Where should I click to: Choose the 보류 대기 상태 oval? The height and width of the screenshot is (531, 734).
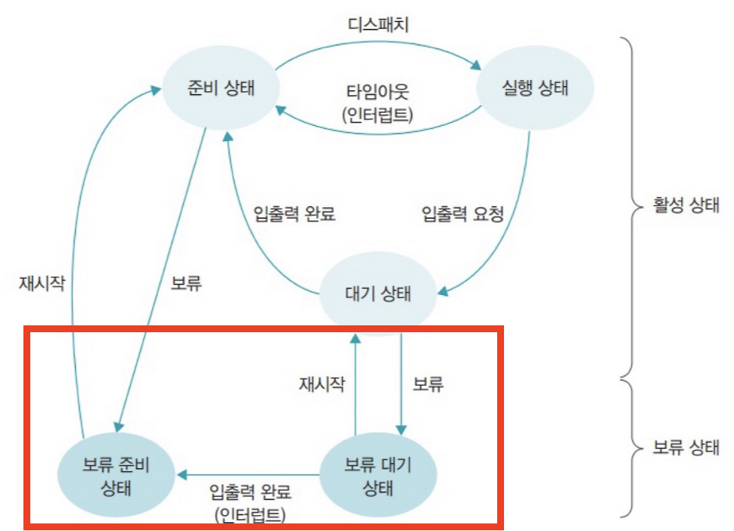pyautogui.click(x=377, y=476)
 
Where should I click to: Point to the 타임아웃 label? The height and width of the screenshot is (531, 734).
pyautogui.click(x=377, y=91)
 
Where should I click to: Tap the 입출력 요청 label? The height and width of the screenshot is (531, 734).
pyautogui.click(x=463, y=214)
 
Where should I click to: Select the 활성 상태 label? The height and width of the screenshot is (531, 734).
pyautogui.click(x=686, y=206)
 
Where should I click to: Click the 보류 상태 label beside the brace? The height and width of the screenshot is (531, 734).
pyautogui.click(x=686, y=448)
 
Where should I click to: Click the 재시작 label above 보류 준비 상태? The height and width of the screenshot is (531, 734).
pyautogui.click(x=42, y=283)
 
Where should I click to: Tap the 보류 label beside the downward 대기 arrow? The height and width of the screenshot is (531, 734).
pyautogui.click(x=428, y=383)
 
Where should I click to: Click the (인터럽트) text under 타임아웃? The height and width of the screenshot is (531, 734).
pyautogui.click(x=377, y=113)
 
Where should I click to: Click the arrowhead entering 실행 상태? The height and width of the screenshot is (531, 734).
pyautogui.click(x=476, y=67)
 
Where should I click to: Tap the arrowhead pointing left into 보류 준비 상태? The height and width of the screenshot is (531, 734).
pyautogui.click(x=182, y=475)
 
